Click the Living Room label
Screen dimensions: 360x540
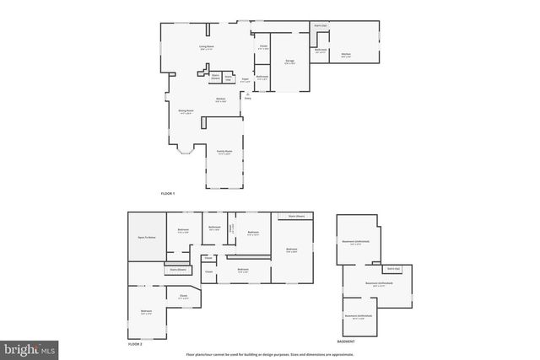205,47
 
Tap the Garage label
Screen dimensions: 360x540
289,62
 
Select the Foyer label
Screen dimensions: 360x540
245,79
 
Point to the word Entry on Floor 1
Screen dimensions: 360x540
247,98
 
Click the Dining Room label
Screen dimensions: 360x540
186,111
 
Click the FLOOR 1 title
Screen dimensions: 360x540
168,194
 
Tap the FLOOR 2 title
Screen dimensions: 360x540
135,345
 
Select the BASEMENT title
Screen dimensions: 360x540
346,341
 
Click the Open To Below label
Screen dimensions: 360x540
147,239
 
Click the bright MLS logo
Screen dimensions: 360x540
30,347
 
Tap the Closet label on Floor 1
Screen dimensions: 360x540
263,46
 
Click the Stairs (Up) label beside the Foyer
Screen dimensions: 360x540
229,78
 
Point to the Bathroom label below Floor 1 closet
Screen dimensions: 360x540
262,78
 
